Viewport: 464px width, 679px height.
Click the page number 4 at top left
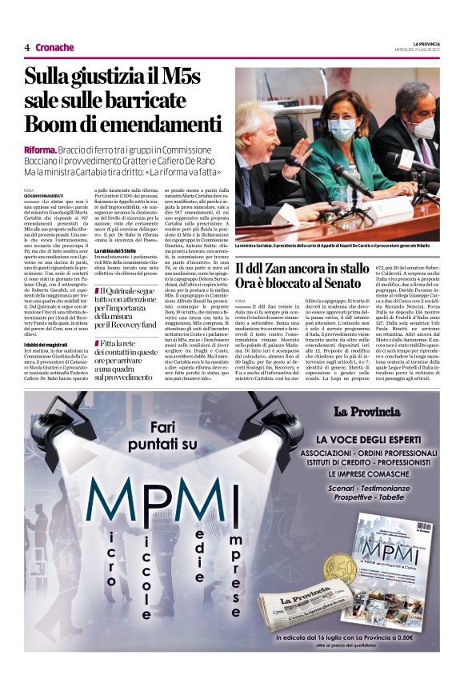[x=27, y=47]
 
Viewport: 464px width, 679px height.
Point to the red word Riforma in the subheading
[x=40, y=150]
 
